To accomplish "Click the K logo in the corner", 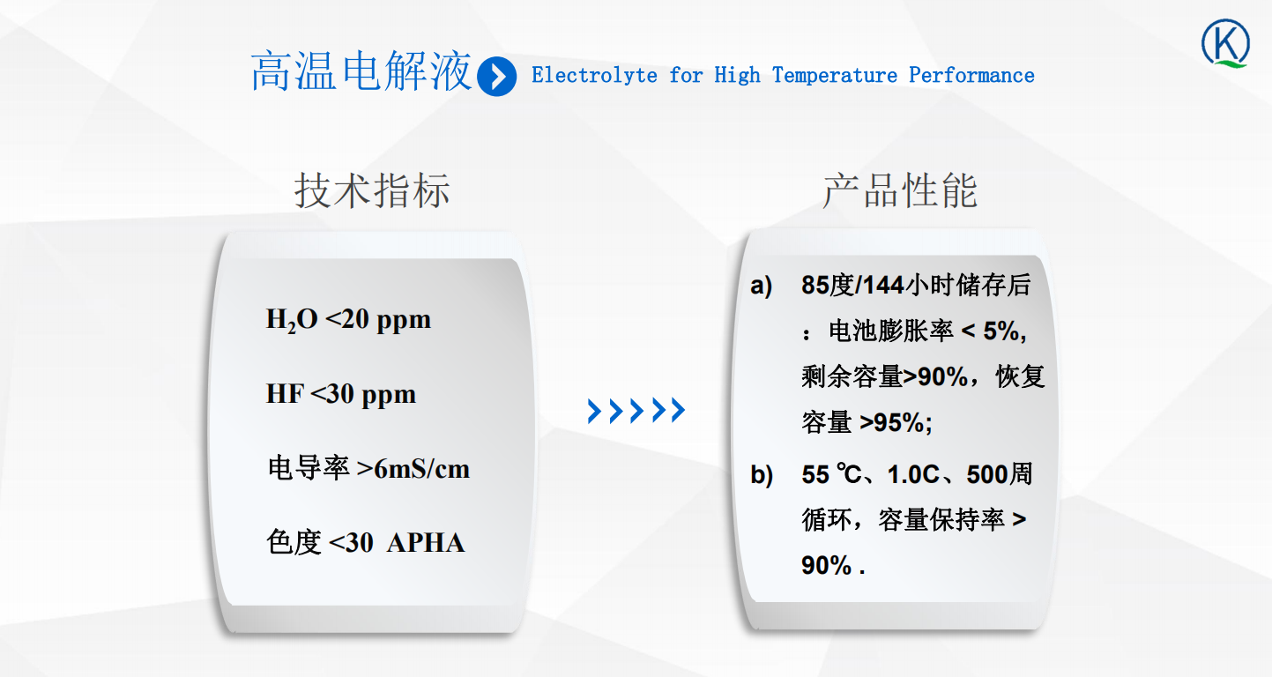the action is tap(1225, 44).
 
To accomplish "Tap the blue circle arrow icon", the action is tap(496, 77).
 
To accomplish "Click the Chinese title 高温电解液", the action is tap(361, 71).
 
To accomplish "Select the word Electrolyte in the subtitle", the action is tap(594, 76).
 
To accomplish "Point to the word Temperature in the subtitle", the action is tap(835, 76).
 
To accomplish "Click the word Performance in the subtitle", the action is tap(971, 76).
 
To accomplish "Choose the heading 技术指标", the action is tap(372, 190).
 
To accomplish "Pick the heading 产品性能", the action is tap(900, 190).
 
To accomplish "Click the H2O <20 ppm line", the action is tap(348, 320).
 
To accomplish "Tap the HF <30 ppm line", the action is tap(341, 394).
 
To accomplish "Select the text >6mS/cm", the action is tap(413, 469).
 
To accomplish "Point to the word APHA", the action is tap(426, 543).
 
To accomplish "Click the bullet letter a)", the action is tap(761, 286).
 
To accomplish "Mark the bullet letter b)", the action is tap(762, 475).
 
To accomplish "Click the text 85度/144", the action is tap(852, 285).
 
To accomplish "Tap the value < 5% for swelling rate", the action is tap(993, 331).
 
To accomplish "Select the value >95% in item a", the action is tap(896, 422).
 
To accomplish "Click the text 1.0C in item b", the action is tap(913, 475).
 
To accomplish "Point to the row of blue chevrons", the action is tap(636, 410).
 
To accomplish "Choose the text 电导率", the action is tap(309, 469).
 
